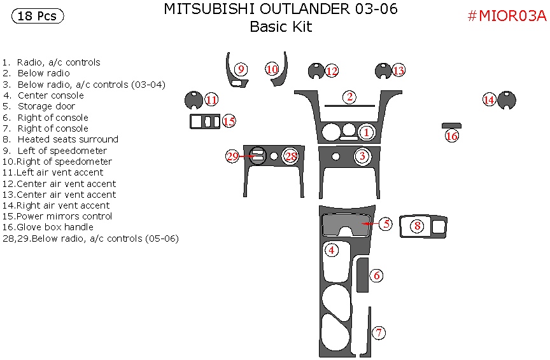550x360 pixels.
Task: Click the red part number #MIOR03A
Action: (x=507, y=17)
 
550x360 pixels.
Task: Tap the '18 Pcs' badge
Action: (x=37, y=17)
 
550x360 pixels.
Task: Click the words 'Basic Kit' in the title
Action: (x=281, y=27)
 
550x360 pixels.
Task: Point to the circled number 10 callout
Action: (x=272, y=69)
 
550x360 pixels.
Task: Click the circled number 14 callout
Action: (x=489, y=100)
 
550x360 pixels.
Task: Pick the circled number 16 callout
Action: (x=452, y=135)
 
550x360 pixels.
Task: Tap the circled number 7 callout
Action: (x=379, y=333)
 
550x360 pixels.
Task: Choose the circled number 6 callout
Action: (x=377, y=275)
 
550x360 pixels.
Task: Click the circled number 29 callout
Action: (x=232, y=156)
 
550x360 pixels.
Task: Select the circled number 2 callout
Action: (x=349, y=97)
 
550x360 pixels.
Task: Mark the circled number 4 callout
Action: (x=332, y=251)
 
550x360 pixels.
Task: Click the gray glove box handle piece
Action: (x=451, y=125)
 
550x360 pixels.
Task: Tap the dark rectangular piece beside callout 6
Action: (x=362, y=273)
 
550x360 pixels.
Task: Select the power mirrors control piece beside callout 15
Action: (x=204, y=121)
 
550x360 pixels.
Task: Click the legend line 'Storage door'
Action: (x=46, y=106)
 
